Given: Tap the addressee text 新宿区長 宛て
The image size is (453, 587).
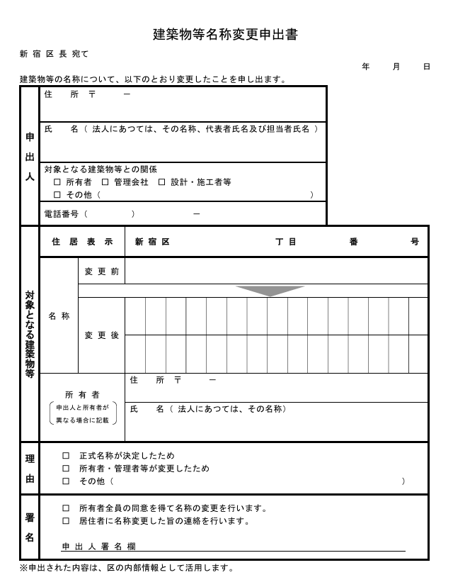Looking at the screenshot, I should pyautogui.click(x=55, y=54).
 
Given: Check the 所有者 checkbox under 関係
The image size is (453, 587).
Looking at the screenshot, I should pyautogui.click(x=57, y=182).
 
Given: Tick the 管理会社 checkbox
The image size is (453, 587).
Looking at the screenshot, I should pyautogui.click(x=105, y=182).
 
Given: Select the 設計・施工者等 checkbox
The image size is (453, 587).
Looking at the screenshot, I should pyautogui.click(x=161, y=182).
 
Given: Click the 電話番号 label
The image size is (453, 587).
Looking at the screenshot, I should pyautogui.click(x=62, y=213).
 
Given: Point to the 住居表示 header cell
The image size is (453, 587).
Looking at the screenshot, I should pyautogui.click(x=82, y=242).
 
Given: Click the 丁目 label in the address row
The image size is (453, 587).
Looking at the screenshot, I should pyautogui.click(x=286, y=242).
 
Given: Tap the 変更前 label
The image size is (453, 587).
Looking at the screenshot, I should pyautogui.click(x=102, y=272).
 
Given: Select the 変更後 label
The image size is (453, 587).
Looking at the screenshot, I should pyautogui.click(x=102, y=335).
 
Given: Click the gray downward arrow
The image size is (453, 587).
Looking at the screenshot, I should pyautogui.click(x=270, y=291).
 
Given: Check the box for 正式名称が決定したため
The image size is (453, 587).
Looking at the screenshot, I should pyautogui.click(x=66, y=456).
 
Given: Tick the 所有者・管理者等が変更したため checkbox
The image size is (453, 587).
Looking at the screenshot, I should pyautogui.click(x=66, y=469).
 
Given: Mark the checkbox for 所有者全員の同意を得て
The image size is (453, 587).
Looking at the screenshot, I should pyautogui.click(x=66, y=508).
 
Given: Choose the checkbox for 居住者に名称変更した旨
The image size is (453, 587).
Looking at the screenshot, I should pyautogui.click(x=66, y=521).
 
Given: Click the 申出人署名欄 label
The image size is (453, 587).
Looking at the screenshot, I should pyautogui.click(x=98, y=547).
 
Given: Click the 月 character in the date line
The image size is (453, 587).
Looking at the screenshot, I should pyautogui.click(x=396, y=67).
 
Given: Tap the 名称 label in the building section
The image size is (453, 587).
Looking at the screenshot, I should pyautogui.click(x=59, y=316).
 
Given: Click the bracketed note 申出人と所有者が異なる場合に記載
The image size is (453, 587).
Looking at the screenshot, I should pyautogui.click(x=82, y=413).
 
